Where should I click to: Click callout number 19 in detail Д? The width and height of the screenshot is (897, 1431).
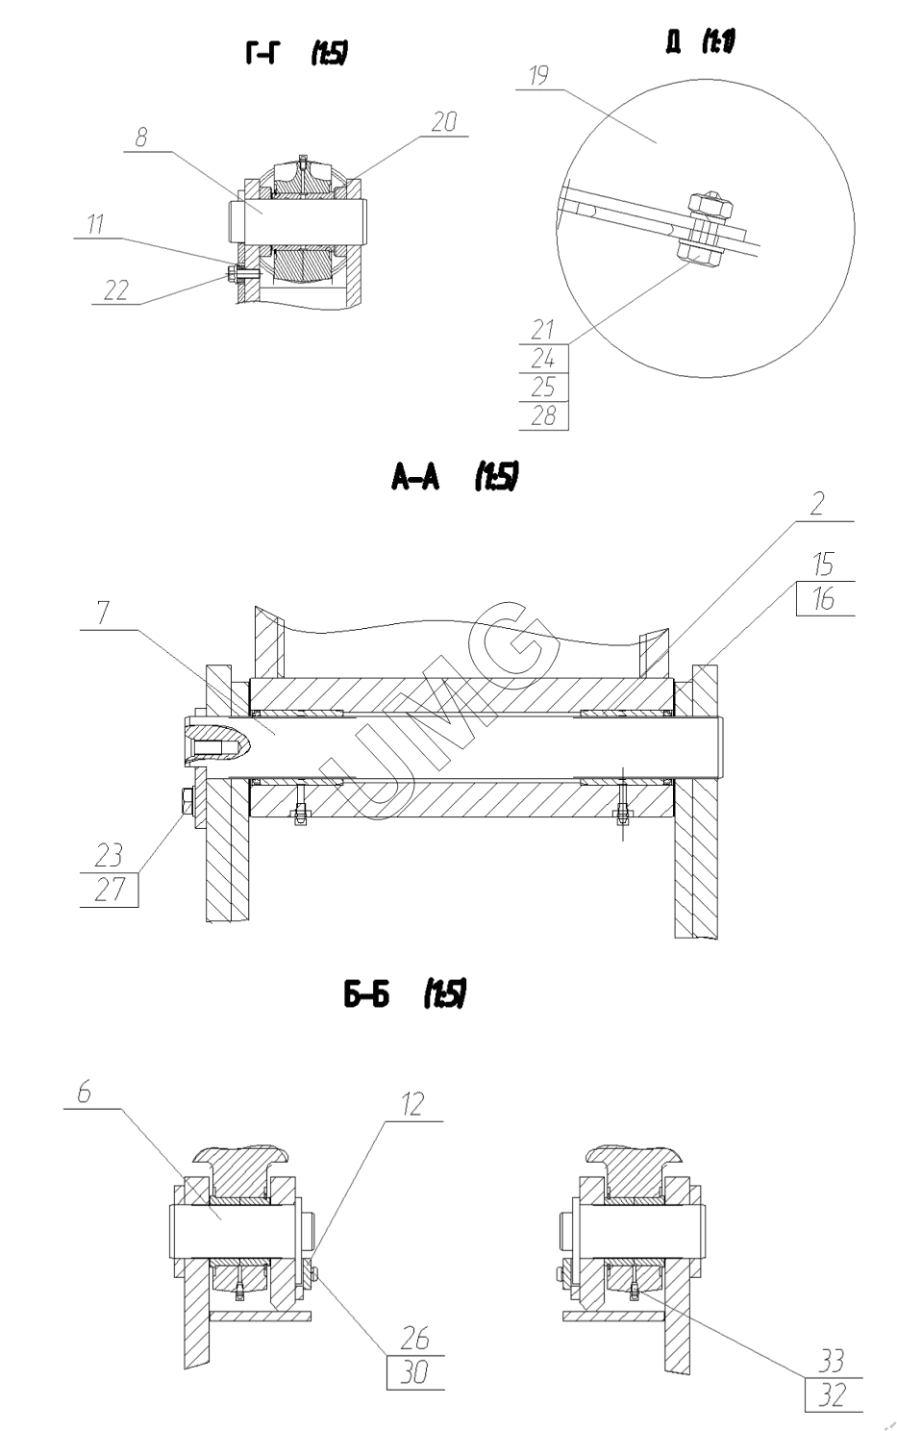coord(538,75)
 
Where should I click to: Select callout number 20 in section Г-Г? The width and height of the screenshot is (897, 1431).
coord(444,121)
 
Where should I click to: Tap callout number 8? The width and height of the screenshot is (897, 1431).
coord(141,138)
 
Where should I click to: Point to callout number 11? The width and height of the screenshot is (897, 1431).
coord(96,224)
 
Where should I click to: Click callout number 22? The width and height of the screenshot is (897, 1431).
coord(116,290)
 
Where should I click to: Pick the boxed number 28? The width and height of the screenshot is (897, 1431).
coord(543,415)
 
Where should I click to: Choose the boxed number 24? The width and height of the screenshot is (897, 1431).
coord(543,359)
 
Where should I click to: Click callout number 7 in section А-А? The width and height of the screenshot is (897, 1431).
coord(104,613)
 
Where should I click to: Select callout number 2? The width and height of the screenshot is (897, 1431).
coord(818,503)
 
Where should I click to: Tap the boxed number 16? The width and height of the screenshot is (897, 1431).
coord(825,598)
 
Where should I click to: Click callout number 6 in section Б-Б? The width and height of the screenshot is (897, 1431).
coord(85,1092)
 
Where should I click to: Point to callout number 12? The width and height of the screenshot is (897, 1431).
coord(413,1104)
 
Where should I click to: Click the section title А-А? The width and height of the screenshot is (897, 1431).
coord(415,477)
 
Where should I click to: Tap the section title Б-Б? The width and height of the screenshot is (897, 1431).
coord(366,994)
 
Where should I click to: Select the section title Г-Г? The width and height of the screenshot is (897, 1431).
coord(262,54)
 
